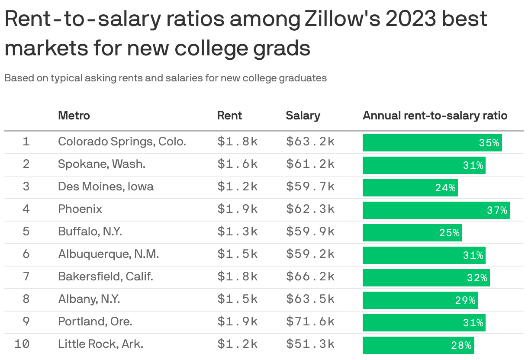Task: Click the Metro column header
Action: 74,116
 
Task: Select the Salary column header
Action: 303,116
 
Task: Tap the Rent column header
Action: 229,116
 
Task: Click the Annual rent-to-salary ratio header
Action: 435,116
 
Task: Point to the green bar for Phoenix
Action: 436,210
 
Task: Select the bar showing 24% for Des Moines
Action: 410,188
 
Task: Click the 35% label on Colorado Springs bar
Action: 489,143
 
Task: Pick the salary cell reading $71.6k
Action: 310,321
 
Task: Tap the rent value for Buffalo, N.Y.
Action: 238,231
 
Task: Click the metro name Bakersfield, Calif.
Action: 106,276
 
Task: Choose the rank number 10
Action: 22,344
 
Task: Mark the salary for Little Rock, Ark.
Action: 310,344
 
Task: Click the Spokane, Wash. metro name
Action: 102,164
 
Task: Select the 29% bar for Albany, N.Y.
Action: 420,300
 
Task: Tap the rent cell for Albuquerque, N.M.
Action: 238,254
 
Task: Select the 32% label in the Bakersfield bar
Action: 477,278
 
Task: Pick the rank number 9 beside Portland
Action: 26,321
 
